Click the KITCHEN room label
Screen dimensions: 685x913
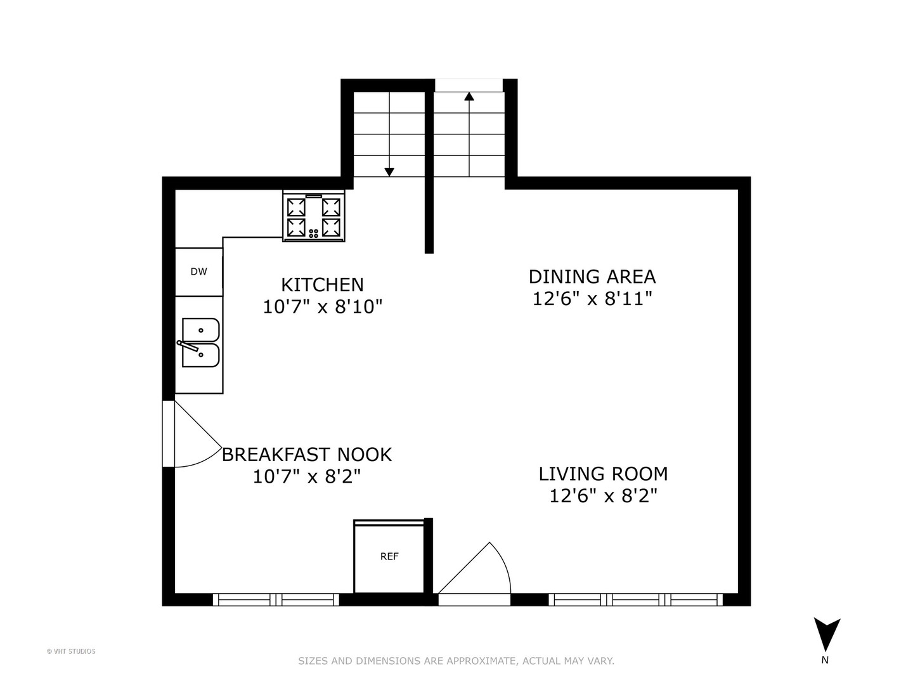coord(322,284)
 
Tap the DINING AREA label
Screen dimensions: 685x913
coord(592,277)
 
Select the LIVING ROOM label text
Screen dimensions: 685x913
coord(603,474)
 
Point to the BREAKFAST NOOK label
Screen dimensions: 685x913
coord(307,455)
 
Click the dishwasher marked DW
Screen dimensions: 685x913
coord(198,271)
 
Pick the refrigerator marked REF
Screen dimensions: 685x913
coord(389,557)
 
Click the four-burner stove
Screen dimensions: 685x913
coord(314,216)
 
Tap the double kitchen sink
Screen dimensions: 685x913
coord(200,343)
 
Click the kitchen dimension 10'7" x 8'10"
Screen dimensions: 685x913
coord(322,307)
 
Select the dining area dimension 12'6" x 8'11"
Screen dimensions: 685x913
coord(592,299)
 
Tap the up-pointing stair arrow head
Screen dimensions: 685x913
coord(469,96)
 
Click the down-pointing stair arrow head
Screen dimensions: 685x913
coord(389,172)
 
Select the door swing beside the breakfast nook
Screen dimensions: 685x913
coord(193,438)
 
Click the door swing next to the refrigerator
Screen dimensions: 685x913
coord(479,571)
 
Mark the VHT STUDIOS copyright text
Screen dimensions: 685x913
coord(71,651)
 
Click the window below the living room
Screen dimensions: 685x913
coord(635,599)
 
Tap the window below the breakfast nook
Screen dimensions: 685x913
coord(276,599)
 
